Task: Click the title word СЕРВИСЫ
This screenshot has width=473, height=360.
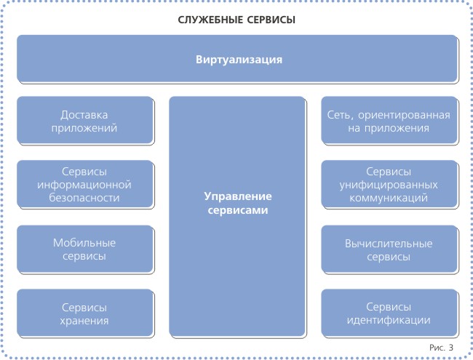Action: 271,20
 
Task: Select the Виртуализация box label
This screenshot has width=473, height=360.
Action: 239,60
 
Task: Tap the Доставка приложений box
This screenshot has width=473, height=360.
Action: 84,120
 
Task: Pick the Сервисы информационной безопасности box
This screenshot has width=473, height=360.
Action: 84,183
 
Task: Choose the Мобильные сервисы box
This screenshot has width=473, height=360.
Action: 84,249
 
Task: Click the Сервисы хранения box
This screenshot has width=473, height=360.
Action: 84,313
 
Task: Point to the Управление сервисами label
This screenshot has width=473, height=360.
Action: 238,203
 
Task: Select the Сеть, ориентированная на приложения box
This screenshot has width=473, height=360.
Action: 389,120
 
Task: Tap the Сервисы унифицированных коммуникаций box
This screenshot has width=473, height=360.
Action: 389,183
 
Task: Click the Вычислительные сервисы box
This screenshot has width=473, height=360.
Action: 389,249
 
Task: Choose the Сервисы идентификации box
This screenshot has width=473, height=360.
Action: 389,313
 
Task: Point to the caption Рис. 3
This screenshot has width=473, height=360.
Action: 441,348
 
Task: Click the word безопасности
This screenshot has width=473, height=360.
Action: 84,198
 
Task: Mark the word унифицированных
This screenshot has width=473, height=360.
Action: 389,185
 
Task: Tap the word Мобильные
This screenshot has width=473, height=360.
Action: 84,243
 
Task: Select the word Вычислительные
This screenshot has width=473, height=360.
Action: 389,244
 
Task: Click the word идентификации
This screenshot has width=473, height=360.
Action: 389,320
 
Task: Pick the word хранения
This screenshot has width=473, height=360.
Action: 84,321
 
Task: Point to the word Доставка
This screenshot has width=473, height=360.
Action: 84,115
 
